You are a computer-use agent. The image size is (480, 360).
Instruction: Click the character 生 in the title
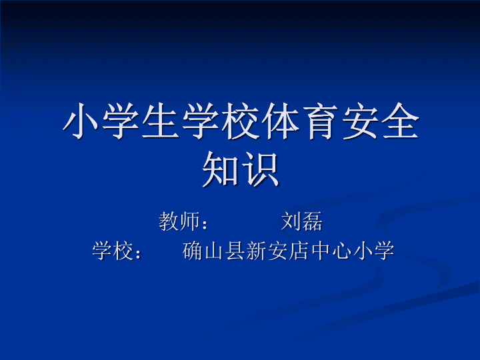pos(161,121)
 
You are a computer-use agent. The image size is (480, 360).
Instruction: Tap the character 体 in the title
pos(281,121)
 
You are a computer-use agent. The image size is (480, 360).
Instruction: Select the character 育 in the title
pos(320,121)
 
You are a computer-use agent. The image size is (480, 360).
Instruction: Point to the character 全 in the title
pos(401,121)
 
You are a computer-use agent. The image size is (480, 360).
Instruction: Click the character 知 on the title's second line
pos(221,169)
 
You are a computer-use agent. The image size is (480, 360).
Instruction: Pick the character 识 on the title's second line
pos(260,169)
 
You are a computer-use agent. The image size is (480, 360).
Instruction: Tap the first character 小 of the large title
pos(80,121)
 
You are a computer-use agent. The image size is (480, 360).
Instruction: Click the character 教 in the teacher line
pos(169,221)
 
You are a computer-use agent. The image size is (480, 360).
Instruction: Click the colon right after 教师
pos(205,223)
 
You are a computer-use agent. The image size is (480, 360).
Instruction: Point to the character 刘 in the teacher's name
pos(291,221)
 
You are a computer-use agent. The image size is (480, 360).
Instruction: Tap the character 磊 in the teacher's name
pos(312,221)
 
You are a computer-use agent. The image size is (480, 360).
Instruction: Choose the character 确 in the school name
pos(193,251)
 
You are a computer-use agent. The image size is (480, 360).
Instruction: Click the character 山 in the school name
pos(214,251)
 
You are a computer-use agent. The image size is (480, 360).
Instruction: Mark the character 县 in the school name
pos(235,251)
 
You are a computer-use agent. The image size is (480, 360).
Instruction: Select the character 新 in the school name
pos(256,251)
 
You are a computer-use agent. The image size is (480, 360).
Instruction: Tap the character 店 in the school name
pos(299,251)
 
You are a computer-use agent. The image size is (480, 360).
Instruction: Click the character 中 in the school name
pos(319,251)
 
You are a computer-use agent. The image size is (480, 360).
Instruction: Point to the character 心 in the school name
pos(341,251)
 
